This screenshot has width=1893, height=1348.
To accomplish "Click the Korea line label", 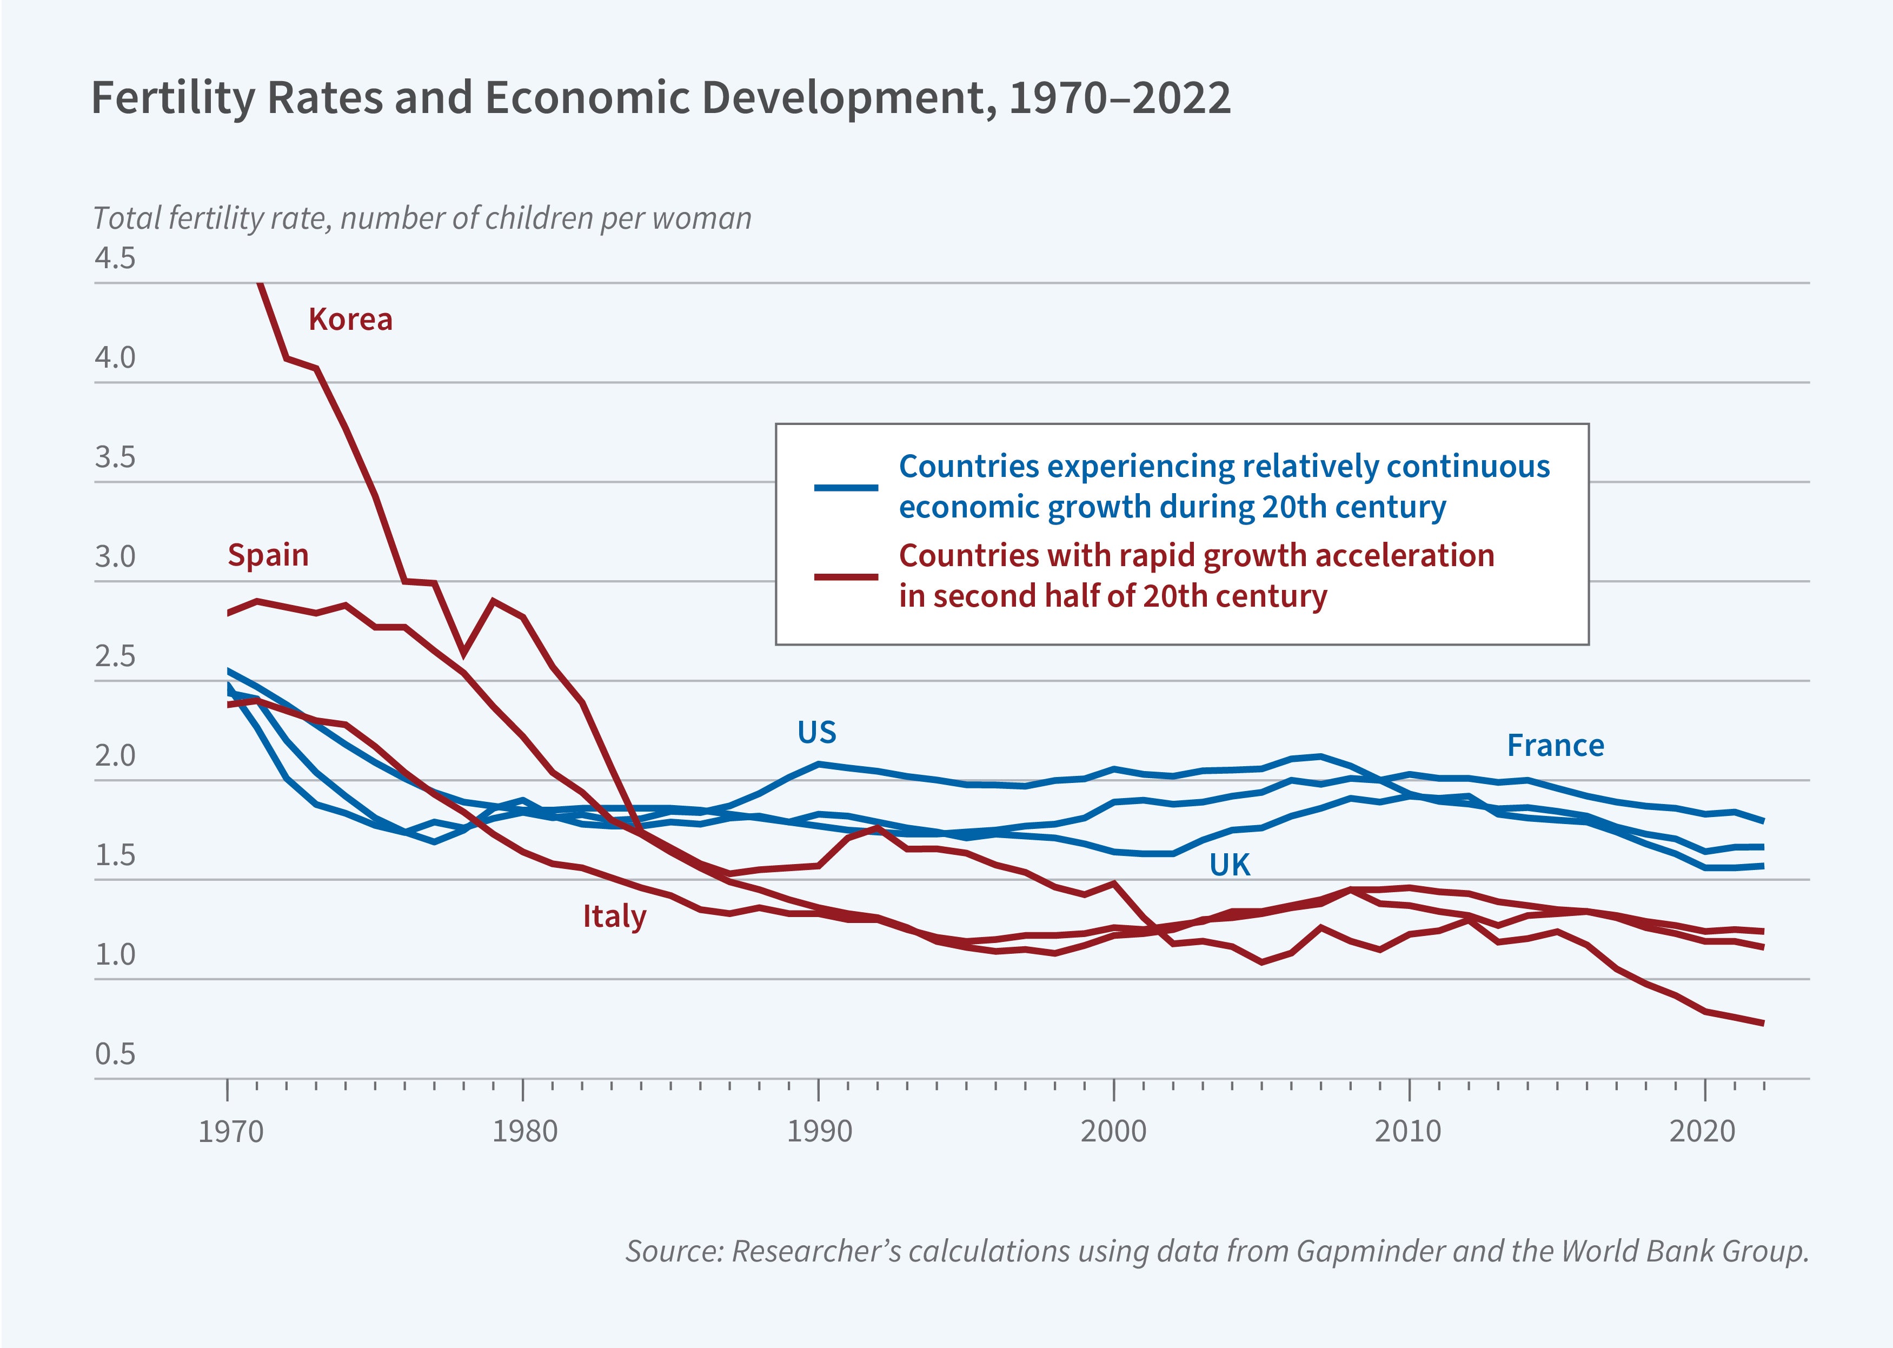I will tap(350, 320).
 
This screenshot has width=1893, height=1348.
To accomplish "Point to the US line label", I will tap(816, 732).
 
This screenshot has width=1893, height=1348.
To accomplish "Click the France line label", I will tap(1555, 746).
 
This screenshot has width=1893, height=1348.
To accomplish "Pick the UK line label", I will tap(1229, 865).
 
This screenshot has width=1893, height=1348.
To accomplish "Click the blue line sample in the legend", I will tap(846, 487).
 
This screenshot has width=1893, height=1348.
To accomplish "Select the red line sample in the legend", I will tap(846, 576).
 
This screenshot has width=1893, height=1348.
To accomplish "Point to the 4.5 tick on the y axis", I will tap(115, 258).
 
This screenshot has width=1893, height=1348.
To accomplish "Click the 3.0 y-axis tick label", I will tap(115, 556).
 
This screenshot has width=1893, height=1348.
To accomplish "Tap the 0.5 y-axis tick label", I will tap(115, 1053).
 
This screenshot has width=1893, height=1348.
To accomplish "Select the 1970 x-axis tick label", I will tap(230, 1131).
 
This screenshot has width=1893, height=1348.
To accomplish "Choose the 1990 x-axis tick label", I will tap(819, 1131).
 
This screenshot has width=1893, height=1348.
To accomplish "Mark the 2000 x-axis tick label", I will tap(1113, 1131).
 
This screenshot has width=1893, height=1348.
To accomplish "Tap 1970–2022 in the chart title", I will tap(1120, 98).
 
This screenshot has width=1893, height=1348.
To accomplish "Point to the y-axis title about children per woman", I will tap(422, 218).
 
